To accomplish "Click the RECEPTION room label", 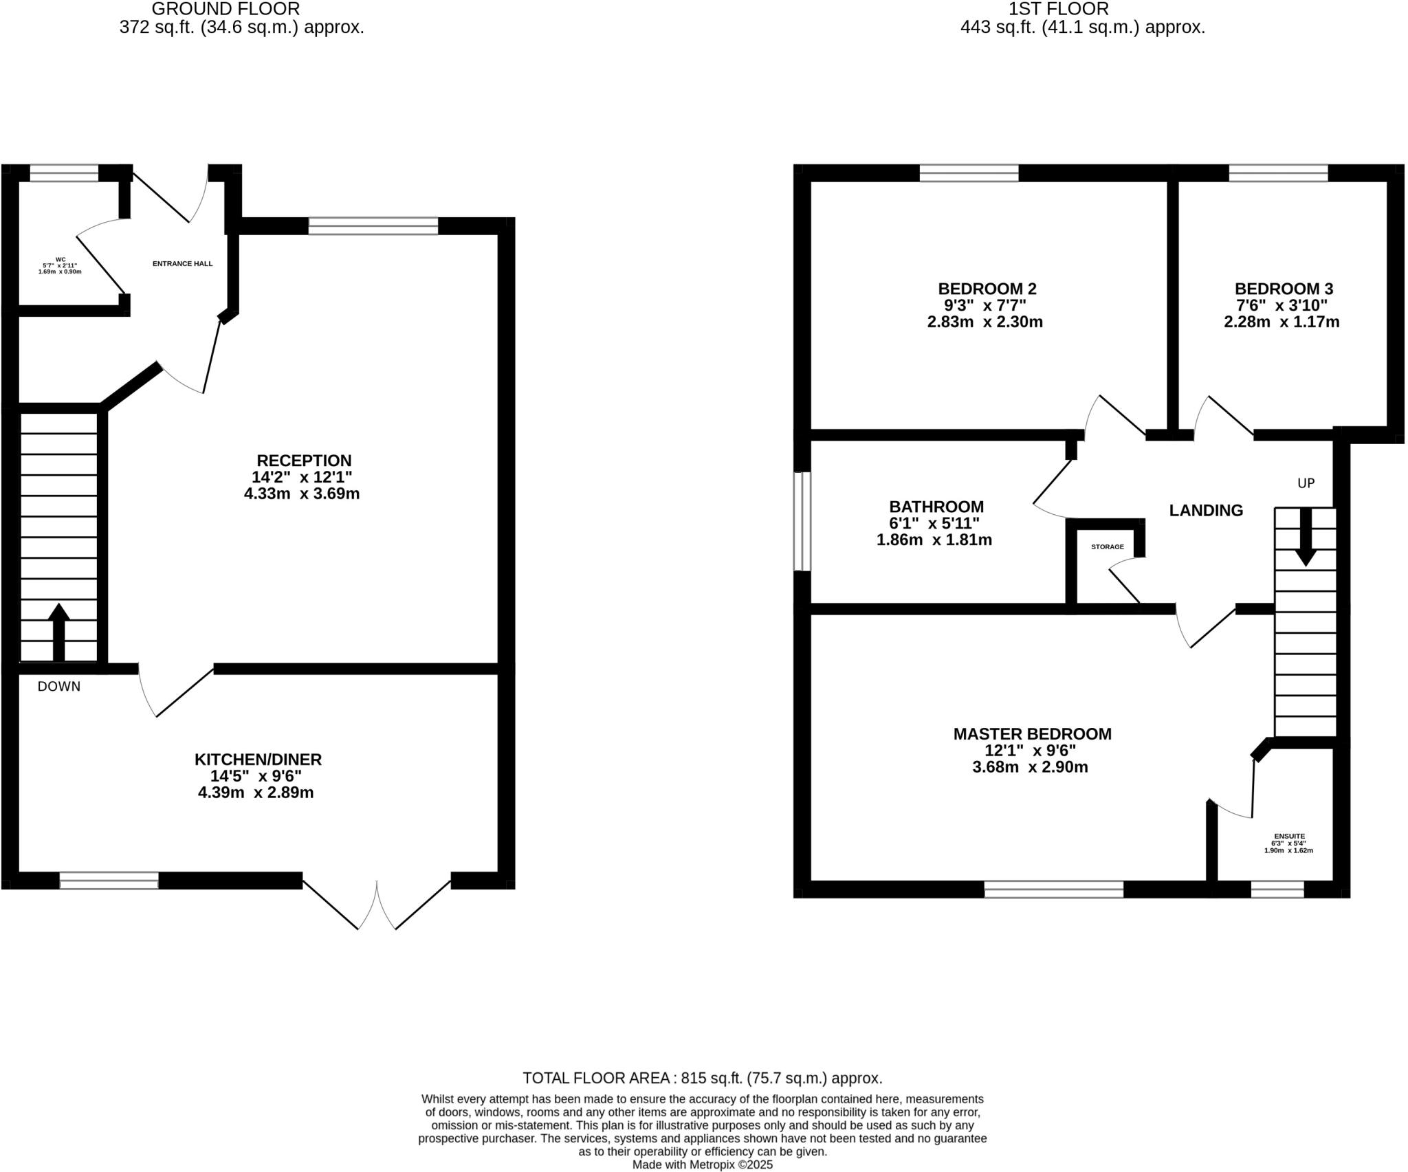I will click(304, 461).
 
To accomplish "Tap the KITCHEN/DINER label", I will click(258, 760).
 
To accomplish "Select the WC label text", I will click(60, 260).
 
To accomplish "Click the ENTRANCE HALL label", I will click(182, 264).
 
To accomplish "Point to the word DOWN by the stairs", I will click(59, 687).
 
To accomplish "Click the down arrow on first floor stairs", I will click(1305, 536).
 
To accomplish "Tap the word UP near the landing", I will click(1306, 483).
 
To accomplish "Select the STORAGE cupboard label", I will click(1108, 547).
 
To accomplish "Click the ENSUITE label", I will click(1288, 837).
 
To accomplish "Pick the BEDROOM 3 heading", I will click(1284, 289).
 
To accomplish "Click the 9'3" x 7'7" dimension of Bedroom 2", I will click(983, 305).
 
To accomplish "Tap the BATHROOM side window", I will click(802, 521).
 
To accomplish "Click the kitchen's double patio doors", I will click(377, 903).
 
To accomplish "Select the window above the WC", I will click(65, 173).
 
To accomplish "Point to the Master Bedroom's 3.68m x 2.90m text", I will click(1030, 767).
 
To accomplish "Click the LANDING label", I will click(1206, 511).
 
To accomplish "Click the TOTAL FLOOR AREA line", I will click(702, 1078).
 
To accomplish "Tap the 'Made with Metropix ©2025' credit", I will click(702, 1164).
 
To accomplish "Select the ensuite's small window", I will click(1277, 889).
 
